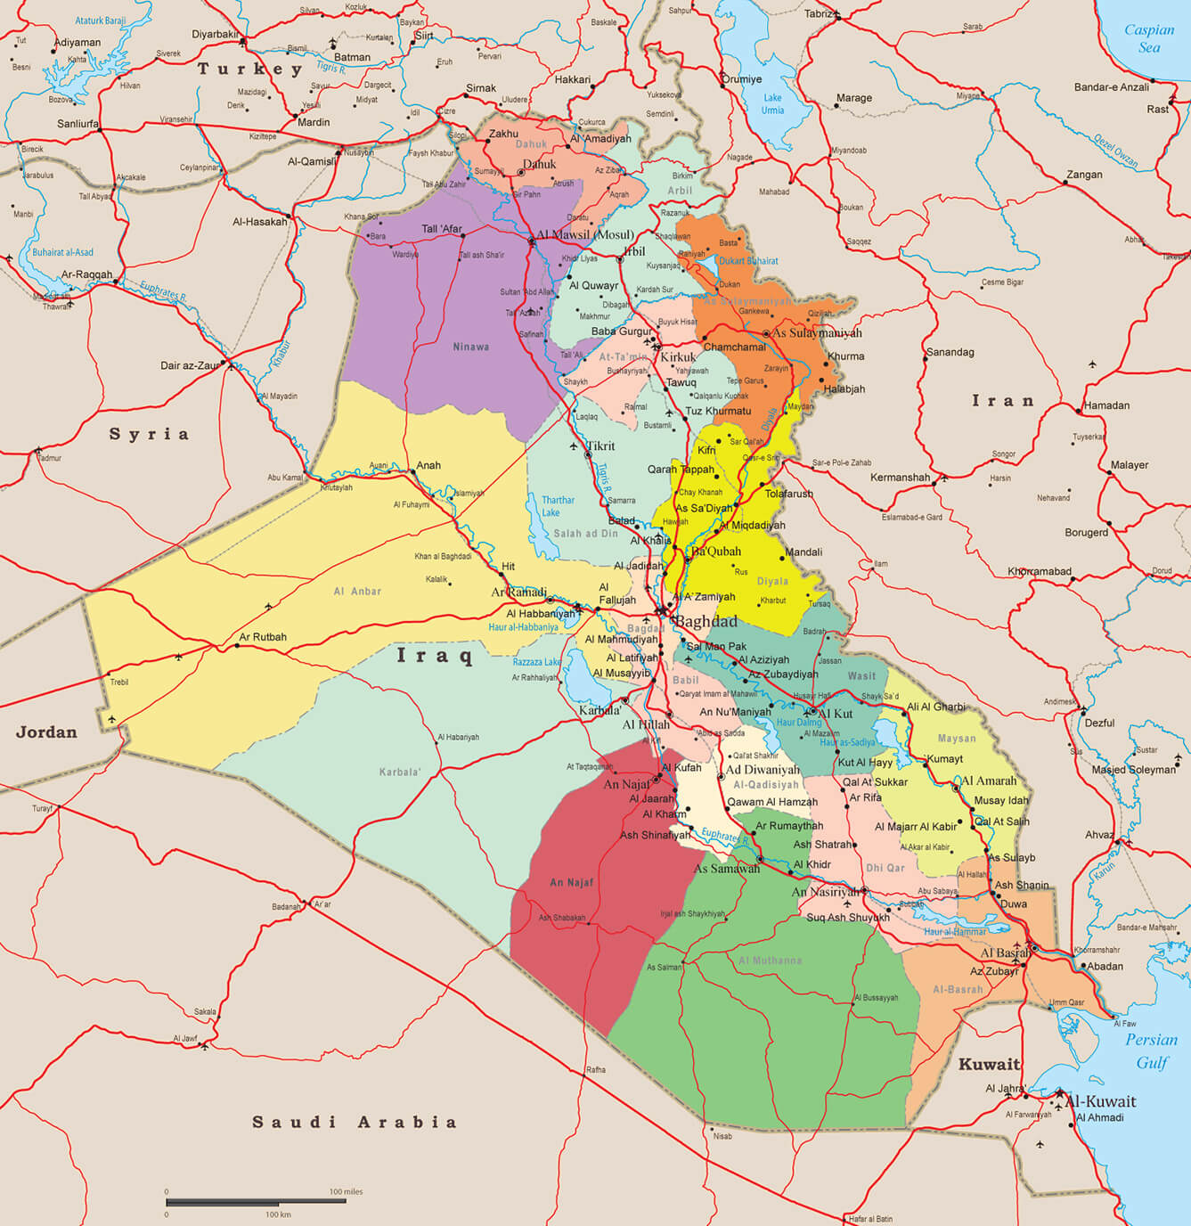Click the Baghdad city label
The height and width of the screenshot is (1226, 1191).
click(706, 621)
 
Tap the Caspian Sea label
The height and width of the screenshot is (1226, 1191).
click(1148, 38)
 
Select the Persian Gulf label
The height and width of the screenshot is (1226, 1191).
click(1151, 1050)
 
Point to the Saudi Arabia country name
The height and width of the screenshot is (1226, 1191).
click(354, 1122)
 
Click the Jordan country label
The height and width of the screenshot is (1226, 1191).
click(46, 732)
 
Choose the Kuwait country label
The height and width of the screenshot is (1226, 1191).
click(989, 1064)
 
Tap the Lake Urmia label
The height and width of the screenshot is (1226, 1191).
click(772, 104)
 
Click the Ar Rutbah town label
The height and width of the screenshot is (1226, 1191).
click(263, 637)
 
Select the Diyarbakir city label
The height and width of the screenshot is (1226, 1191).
click(216, 35)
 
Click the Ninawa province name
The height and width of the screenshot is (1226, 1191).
click(470, 347)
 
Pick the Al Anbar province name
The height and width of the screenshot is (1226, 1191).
click(357, 591)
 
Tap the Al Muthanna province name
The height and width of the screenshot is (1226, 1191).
click(770, 960)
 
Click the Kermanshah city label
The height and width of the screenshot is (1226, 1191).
click(900, 478)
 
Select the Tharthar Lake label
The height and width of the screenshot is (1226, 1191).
click(558, 506)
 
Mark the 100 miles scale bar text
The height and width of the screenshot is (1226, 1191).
click(346, 1191)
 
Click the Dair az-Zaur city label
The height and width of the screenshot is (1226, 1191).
click(190, 365)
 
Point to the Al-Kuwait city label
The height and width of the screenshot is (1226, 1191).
click(1100, 1100)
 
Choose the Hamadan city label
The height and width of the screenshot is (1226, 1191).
click(1106, 405)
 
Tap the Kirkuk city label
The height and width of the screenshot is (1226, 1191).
click(678, 357)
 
